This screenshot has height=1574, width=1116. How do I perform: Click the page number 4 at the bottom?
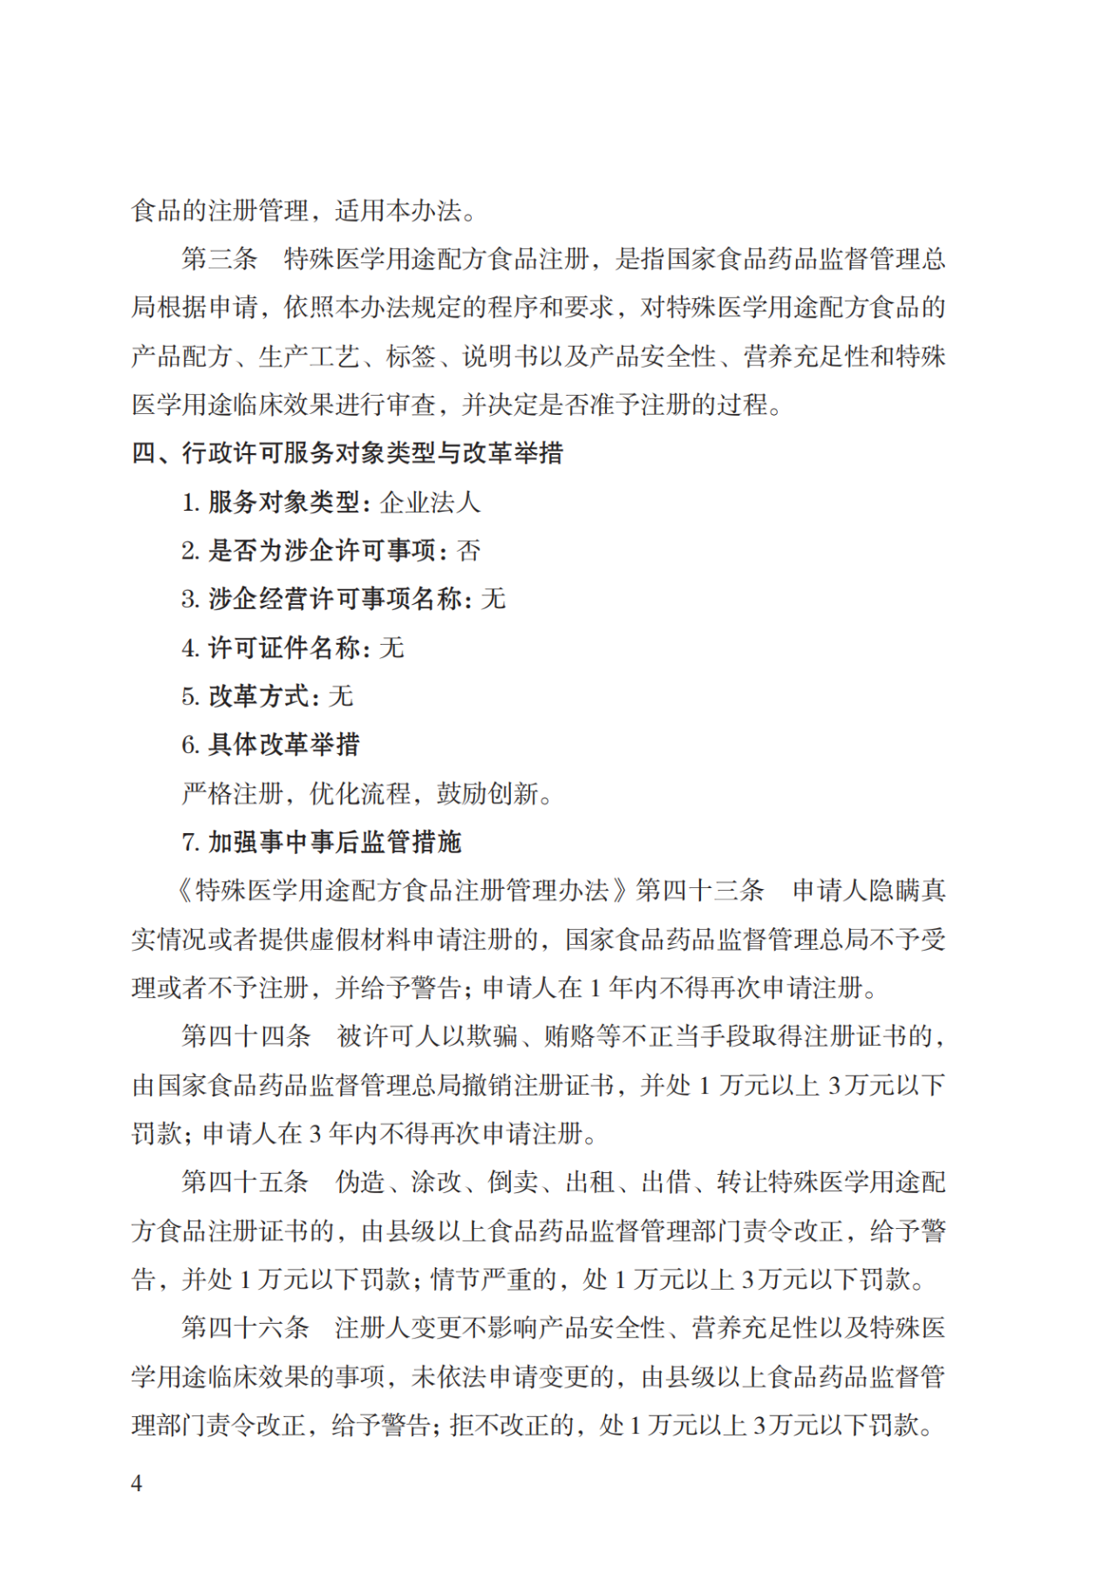click(x=137, y=1482)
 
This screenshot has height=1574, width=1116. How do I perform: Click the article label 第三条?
click(x=220, y=259)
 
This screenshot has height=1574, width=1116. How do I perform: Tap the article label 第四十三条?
click(x=699, y=890)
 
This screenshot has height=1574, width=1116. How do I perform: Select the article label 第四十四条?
click(x=246, y=1036)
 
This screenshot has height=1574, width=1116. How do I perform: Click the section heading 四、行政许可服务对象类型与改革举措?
click(x=347, y=453)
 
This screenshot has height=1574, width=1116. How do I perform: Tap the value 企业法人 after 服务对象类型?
click(x=430, y=502)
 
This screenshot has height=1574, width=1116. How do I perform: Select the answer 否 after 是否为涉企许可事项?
click(x=468, y=551)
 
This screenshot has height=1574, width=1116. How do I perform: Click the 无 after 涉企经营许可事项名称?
click(x=493, y=599)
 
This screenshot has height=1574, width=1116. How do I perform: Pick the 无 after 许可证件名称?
click(x=391, y=648)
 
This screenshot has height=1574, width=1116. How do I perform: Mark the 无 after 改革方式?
click(x=341, y=696)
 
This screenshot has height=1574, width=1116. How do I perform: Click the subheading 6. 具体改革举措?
click(x=270, y=744)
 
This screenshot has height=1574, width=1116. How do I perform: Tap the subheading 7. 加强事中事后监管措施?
click(x=321, y=842)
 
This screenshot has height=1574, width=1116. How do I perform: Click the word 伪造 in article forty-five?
click(x=360, y=1182)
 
